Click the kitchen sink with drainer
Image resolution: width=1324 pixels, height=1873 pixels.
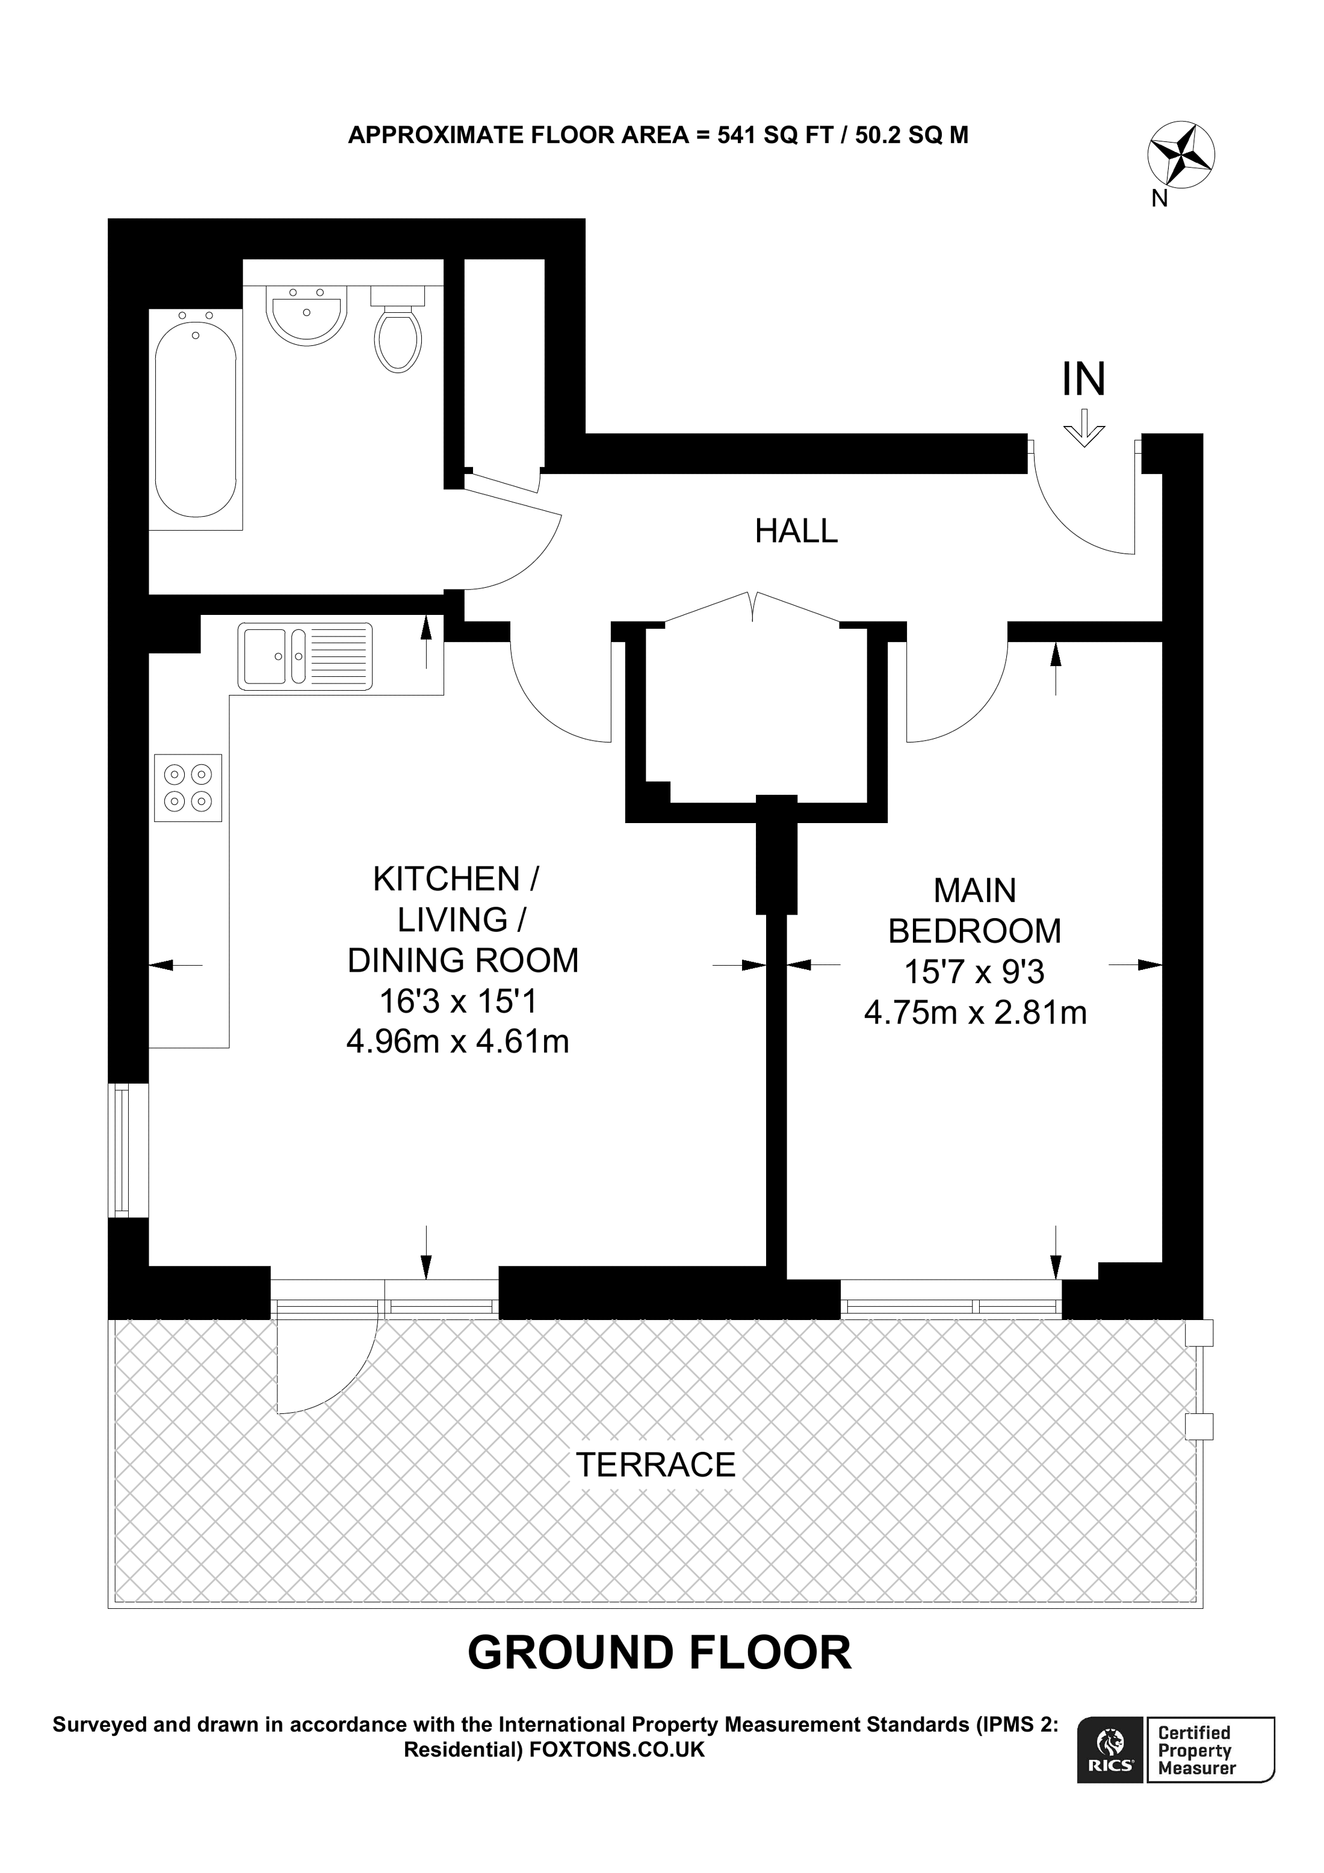[x=305, y=656]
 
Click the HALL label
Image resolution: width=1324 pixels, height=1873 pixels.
[x=796, y=531]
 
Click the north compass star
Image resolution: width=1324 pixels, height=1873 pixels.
[x=1180, y=155]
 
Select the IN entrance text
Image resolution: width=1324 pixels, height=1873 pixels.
[x=1083, y=379]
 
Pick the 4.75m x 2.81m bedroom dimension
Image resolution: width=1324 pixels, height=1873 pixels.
[x=975, y=1013]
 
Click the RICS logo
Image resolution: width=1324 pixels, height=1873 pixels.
[x=1111, y=1763]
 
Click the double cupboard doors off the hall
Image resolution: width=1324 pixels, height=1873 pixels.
[x=752, y=609]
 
